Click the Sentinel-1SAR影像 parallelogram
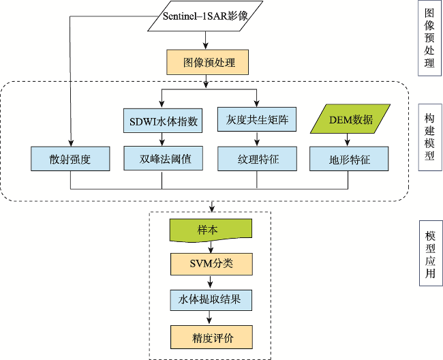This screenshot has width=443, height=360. (x=205, y=16)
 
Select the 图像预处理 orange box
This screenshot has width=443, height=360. (x=208, y=62)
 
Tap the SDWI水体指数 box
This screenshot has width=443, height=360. (x=163, y=121)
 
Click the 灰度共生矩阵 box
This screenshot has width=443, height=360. (x=257, y=119)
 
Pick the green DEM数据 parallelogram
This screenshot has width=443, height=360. (x=350, y=119)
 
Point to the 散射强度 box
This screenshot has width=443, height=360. (x=70, y=159)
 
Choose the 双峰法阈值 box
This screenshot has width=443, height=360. (x=164, y=158)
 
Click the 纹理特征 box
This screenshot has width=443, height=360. (x=257, y=159)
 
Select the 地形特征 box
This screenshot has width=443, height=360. (x=349, y=159)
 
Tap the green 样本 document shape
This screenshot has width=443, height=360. (x=211, y=230)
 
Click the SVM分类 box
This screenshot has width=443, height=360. (x=211, y=265)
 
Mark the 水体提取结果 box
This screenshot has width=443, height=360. (x=211, y=300)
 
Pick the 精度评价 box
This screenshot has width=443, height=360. (x=211, y=337)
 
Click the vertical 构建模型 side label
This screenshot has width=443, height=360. (x=430, y=137)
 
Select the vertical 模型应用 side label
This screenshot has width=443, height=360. (x=431, y=254)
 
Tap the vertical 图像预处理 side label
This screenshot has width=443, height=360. (x=429, y=38)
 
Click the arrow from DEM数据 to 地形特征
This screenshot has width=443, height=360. (x=348, y=140)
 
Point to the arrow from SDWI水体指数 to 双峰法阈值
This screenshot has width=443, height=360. (x=162, y=139)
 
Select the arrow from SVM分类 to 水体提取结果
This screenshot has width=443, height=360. (x=210, y=282)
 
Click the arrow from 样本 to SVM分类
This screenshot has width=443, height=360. (x=211, y=247)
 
